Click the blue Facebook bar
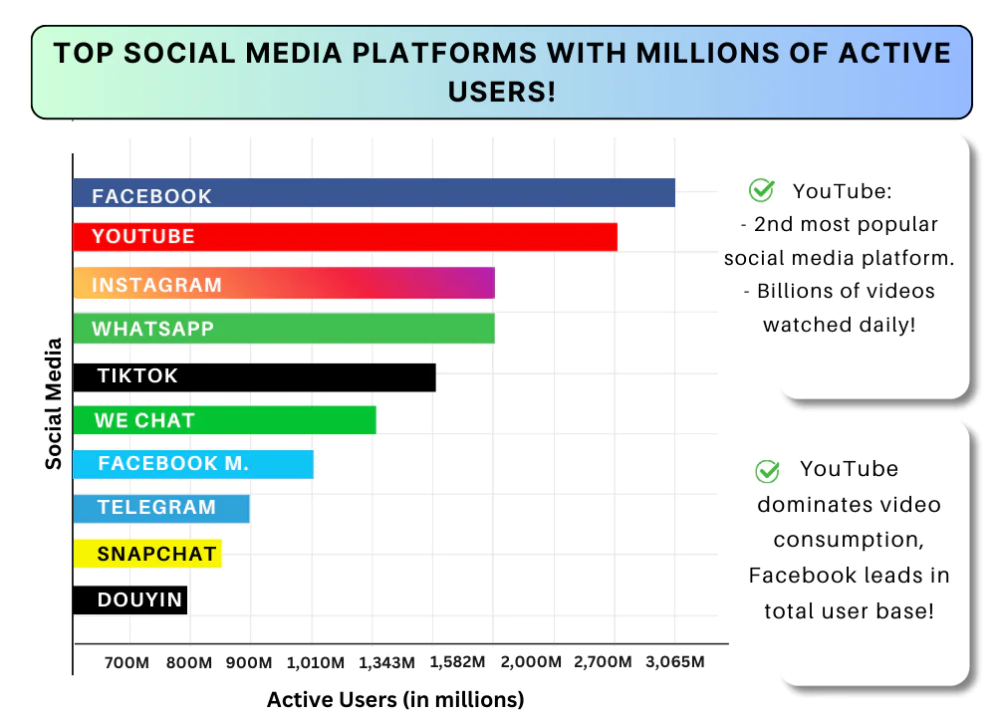373,193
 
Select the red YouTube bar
345,237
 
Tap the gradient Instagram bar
284,284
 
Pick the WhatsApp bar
284,329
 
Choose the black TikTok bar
255,376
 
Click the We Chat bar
225,420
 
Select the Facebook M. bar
193,464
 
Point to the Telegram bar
161,508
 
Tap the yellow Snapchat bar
147,554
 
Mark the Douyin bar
130,599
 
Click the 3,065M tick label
675,662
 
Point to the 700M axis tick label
127,662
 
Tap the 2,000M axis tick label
524,662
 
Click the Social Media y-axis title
54,403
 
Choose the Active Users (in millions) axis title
395,699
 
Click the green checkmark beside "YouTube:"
762,190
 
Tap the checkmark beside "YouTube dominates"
767,470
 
